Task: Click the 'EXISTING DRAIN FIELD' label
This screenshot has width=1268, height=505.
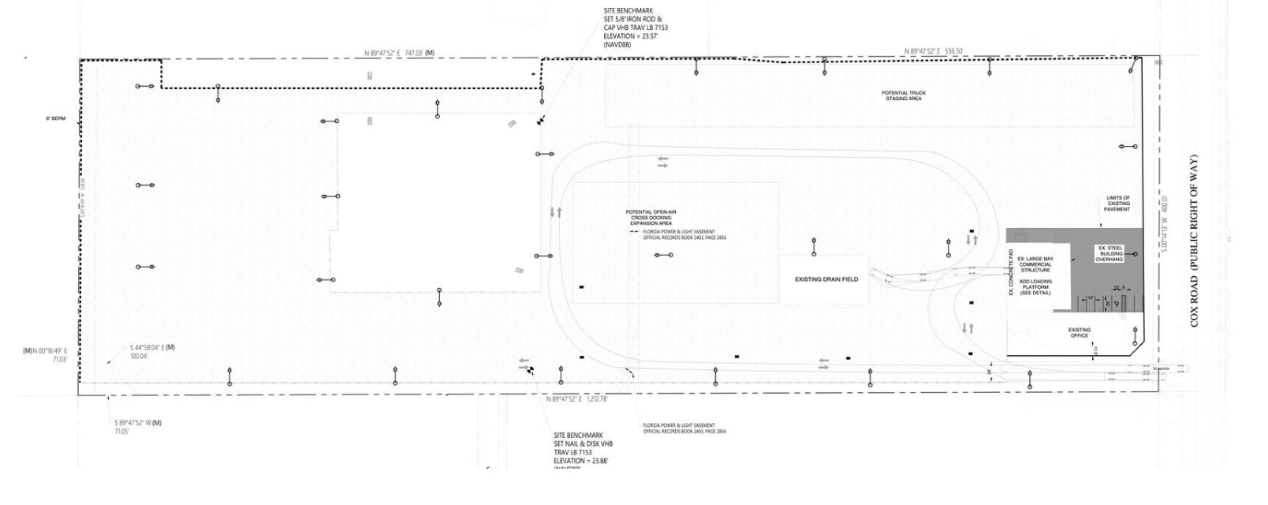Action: point(826,279)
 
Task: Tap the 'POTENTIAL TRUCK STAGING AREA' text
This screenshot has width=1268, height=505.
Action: point(904,95)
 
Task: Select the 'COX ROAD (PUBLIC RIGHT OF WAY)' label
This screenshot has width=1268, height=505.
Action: point(1194,241)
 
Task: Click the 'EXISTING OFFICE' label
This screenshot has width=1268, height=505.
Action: point(1079,332)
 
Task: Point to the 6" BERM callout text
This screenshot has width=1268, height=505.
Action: point(55,119)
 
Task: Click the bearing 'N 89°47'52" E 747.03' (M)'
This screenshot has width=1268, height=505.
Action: point(399,53)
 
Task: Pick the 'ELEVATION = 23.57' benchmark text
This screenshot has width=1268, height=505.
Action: point(631,36)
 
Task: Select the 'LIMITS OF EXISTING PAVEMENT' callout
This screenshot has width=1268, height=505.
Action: point(1118,204)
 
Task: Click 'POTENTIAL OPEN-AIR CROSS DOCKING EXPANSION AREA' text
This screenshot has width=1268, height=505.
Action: point(651,218)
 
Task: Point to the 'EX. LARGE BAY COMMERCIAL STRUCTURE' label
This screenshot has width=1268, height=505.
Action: point(1035,264)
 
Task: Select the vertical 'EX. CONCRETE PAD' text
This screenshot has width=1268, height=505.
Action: point(1011,272)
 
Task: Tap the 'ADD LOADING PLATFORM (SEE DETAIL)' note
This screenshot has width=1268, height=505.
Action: point(1035,286)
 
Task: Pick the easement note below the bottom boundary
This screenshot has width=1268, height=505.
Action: point(684,428)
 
